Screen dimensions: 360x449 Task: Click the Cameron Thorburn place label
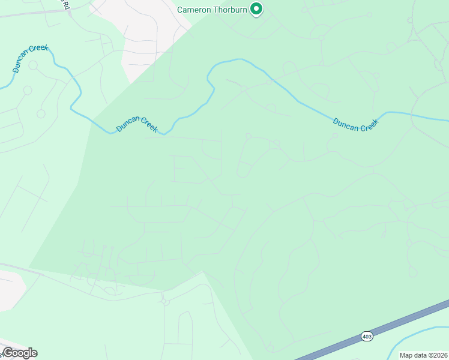pyautogui.click(x=212, y=9)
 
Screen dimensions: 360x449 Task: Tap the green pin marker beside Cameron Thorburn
pyautogui.click(x=257, y=9)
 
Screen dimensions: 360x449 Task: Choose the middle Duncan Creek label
pyautogui.click(x=137, y=124)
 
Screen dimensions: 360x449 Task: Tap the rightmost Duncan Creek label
pyautogui.click(x=356, y=124)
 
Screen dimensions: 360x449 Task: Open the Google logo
pyautogui.click(x=19, y=353)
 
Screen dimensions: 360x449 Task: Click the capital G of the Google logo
pyautogui.click(x=7, y=353)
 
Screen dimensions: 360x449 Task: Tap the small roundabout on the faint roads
pyautogui.click(x=165, y=302)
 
